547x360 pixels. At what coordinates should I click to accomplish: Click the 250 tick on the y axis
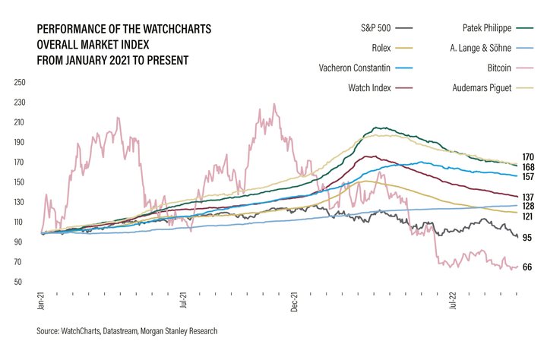[x=21, y=82]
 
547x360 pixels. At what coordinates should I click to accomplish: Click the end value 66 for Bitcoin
[x=527, y=267]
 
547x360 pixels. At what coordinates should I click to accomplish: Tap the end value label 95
[x=527, y=238]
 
